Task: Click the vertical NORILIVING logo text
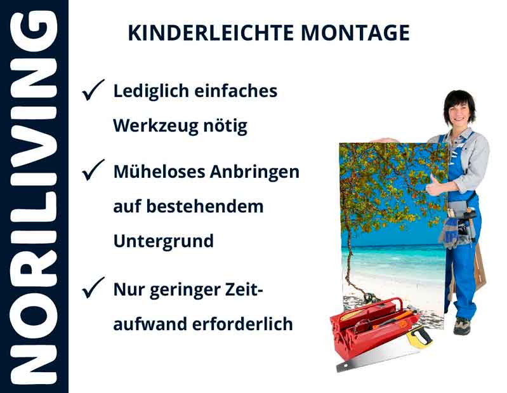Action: pos(33,197)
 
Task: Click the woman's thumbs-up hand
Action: pos(435,185)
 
